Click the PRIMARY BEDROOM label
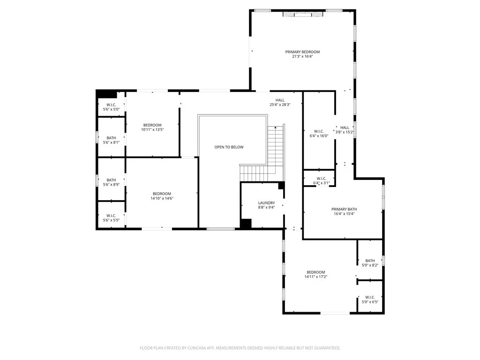302,52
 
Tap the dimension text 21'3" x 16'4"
302,57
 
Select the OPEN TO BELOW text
229,147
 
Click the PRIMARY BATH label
345,209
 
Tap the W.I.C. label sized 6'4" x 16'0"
319,131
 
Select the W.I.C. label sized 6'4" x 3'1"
321,178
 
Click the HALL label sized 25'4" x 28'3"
280,100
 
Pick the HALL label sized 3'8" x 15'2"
345,127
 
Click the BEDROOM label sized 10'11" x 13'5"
152,125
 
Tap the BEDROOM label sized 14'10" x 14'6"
162,194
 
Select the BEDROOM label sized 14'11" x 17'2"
315,272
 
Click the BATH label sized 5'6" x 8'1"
111,138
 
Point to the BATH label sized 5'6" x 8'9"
111,180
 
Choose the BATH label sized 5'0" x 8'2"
370,261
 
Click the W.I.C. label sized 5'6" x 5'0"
111,105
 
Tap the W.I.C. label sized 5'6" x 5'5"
111,216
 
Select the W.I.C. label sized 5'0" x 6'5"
370,297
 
